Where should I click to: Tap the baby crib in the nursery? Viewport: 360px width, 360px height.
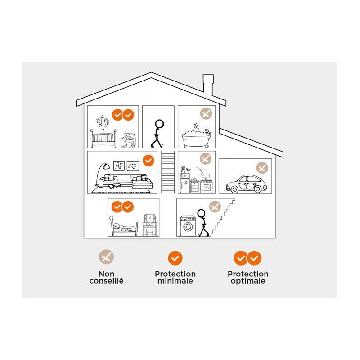click(x=104, y=138)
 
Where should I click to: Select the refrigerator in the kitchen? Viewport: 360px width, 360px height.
click(x=185, y=184)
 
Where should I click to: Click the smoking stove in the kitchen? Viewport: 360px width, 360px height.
click(x=206, y=184)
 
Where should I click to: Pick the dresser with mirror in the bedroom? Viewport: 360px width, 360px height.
click(x=149, y=225)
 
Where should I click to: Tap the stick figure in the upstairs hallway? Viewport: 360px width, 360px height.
click(x=158, y=133)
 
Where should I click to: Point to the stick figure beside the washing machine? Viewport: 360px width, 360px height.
click(x=203, y=223)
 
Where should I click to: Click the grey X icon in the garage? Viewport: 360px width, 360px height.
click(x=262, y=168)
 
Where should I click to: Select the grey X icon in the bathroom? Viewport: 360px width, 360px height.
click(x=206, y=114)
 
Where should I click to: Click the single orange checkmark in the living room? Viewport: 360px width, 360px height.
click(x=148, y=160)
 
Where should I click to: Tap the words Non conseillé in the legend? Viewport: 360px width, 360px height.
click(x=106, y=277)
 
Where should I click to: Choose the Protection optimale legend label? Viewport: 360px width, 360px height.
click(x=247, y=277)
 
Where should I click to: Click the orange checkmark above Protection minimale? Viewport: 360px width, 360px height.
click(x=175, y=258)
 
